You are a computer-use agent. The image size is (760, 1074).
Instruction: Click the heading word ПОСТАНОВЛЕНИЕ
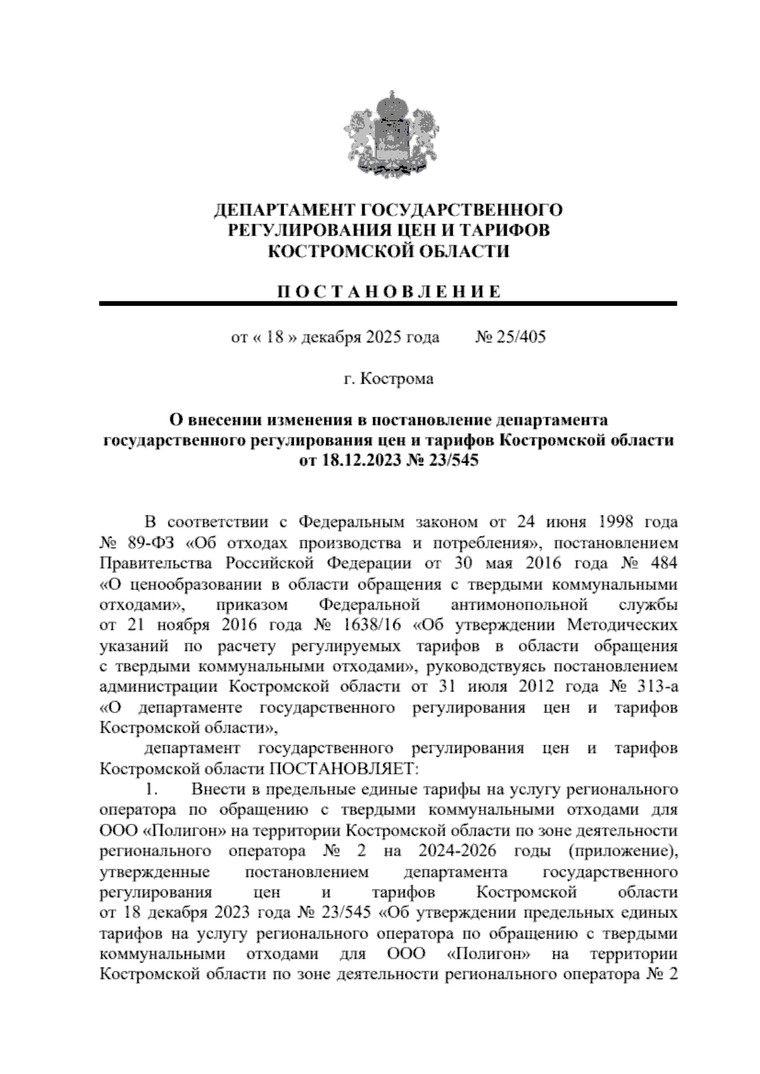point(389,292)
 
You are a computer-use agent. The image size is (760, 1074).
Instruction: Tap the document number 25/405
point(521,337)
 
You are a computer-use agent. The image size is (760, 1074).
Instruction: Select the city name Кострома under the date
point(397,379)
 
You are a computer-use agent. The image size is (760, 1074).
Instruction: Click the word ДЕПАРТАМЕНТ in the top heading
point(278,210)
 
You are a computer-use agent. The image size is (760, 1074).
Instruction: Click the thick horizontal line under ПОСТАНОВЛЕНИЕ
point(388,305)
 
